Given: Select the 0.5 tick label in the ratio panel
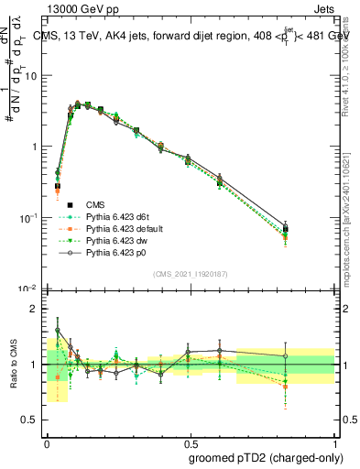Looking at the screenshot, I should [31, 420].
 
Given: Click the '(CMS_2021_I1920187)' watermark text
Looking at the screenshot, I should [191, 274].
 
